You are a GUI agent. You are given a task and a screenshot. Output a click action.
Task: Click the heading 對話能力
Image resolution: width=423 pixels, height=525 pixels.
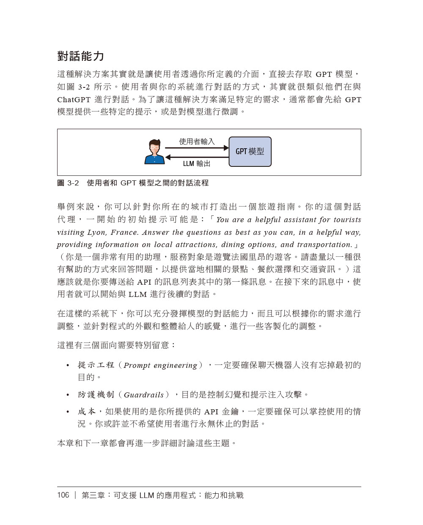[x=80, y=56]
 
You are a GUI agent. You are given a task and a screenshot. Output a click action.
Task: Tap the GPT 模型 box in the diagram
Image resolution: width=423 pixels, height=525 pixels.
[x=250, y=152]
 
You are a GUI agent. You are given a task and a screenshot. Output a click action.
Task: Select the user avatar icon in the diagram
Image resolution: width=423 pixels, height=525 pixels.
[x=154, y=152]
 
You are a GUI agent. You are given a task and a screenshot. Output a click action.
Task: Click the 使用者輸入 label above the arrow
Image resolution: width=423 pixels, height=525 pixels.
[x=197, y=141]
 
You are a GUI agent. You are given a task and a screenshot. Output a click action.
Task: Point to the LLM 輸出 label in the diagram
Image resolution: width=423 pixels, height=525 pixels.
[x=197, y=163]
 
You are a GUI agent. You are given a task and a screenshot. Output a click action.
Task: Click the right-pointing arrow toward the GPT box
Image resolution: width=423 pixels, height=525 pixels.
[x=197, y=148]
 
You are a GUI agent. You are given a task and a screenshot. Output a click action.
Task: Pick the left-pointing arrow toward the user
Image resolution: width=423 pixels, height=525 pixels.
[x=197, y=157]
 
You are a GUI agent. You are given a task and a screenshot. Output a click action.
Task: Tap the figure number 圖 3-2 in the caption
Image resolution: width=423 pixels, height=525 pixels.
[x=68, y=183]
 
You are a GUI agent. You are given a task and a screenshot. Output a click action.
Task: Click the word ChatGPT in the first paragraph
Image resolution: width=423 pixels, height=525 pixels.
[x=74, y=100]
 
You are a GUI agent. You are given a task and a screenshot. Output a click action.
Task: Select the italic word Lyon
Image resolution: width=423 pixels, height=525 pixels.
[x=97, y=232]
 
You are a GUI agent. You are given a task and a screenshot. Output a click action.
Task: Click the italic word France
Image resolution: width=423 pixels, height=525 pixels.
[x=124, y=232]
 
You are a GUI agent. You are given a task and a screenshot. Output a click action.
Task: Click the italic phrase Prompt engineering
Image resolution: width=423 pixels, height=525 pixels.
[x=160, y=366]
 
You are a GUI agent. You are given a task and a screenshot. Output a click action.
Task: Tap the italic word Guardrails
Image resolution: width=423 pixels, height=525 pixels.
[x=143, y=395]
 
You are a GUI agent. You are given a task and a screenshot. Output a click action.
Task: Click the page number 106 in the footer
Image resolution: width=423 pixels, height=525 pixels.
[x=63, y=495]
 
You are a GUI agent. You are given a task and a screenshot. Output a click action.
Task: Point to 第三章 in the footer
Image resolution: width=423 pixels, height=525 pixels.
[x=93, y=495]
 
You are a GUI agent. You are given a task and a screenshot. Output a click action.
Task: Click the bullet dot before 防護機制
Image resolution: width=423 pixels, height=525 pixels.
[x=68, y=395]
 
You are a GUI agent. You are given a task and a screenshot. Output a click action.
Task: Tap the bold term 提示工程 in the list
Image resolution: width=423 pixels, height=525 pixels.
[x=96, y=365]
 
